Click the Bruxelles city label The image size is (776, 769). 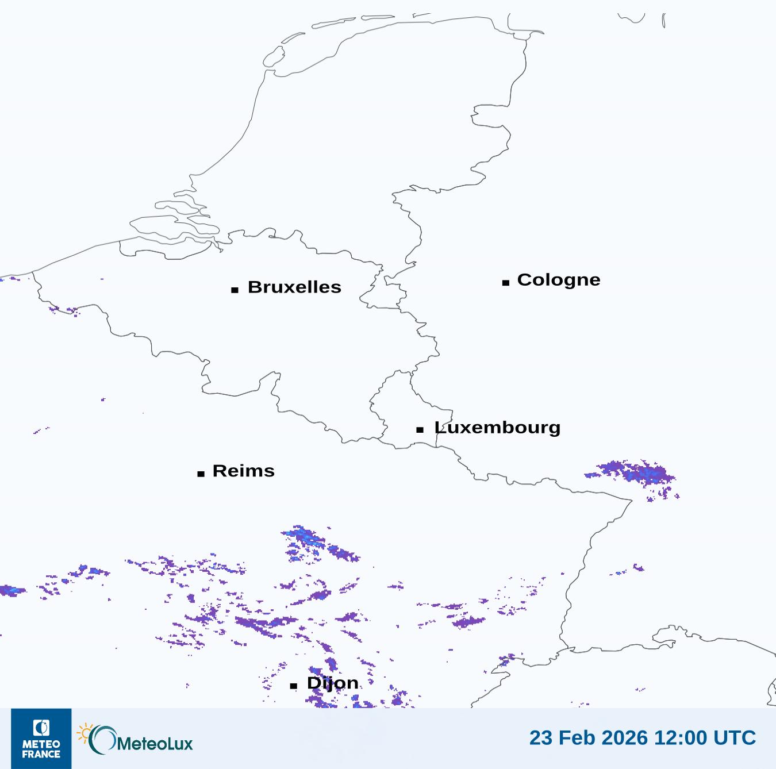[294, 287]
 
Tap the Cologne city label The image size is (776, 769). [559, 280]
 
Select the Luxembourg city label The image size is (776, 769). [497, 428]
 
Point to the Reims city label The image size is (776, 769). [244, 471]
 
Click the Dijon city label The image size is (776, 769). [332, 683]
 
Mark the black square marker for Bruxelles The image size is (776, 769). [235, 290]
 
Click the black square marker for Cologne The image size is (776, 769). [506, 282]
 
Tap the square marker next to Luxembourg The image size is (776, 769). [420, 429]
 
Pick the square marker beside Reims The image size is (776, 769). [201, 474]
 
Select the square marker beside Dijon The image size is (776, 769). [294, 686]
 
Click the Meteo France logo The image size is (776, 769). [41, 739]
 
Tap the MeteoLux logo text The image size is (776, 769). [155, 744]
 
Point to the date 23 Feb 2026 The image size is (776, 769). [588, 737]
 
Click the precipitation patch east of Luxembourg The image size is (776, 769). [635, 474]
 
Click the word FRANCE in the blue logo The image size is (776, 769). [41, 754]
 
